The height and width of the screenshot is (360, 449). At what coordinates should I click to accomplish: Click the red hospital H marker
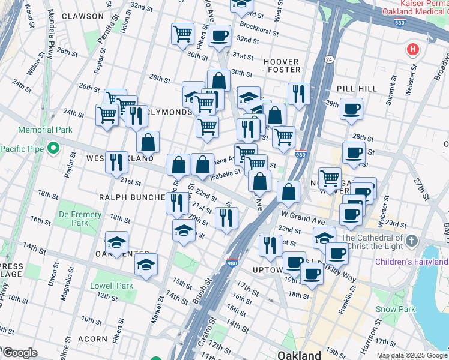coord(412,49)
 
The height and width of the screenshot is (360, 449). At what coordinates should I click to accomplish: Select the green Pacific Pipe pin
coord(53,148)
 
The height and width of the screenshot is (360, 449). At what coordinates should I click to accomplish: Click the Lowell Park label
coord(112,286)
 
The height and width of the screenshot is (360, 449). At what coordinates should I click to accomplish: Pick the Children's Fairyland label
coord(412,262)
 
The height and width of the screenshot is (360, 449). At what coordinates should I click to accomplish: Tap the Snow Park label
coord(396,309)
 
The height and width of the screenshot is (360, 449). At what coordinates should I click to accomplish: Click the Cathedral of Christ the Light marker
coord(411,241)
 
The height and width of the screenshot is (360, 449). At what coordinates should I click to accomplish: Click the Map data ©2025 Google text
coord(412,355)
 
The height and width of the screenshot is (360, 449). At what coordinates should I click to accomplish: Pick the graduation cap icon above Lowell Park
coord(146,264)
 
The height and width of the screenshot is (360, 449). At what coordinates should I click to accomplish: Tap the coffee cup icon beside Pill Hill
coord(351,109)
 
